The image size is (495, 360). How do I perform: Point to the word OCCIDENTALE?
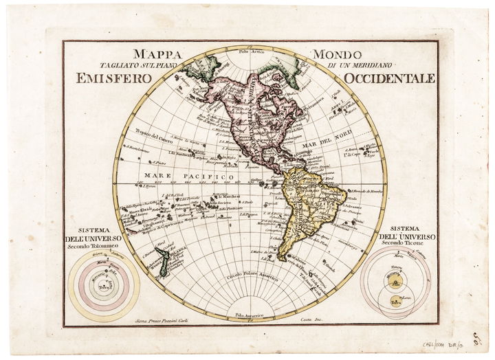pos(390,78)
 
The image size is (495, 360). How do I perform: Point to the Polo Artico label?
pos(252,52)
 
